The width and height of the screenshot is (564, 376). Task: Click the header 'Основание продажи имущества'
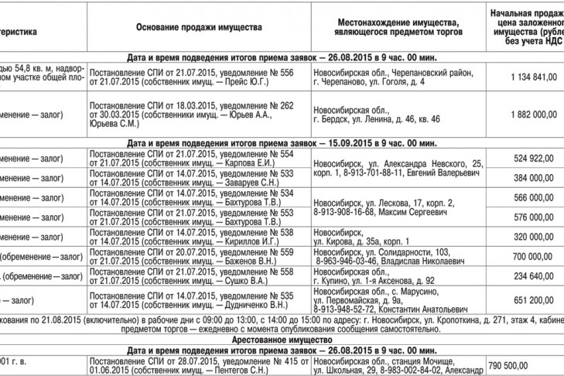pos(199,27)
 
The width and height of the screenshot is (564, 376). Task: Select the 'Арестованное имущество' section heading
pos(282,340)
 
